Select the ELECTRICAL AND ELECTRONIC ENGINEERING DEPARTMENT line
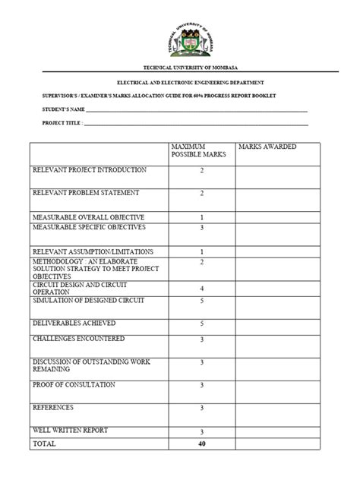pyautogui.click(x=179, y=82)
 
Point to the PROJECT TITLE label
pyautogui.click(x=62, y=122)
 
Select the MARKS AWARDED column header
pyautogui.click(x=267, y=146)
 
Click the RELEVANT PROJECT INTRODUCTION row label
pyautogui.click(x=88, y=170)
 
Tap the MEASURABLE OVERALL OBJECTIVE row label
pyautogui.click(x=88, y=217)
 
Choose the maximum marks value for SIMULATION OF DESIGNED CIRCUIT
pyautogui.click(x=201, y=301)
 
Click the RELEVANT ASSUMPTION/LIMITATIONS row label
pyautogui.click(x=93, y=251)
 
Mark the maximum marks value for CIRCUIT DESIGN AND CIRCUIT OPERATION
pyautogui.click(x=201, y=289)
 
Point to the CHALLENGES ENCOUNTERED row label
pyautogui.click(x=77, y=339)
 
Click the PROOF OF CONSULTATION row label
pyautogui.click(x=74, y=385)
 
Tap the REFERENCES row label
pyautogui.click(x=53, y=408)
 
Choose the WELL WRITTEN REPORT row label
pyautogui.click(x=70, y=431)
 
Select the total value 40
pyautogui.click(x=201, y=444)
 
